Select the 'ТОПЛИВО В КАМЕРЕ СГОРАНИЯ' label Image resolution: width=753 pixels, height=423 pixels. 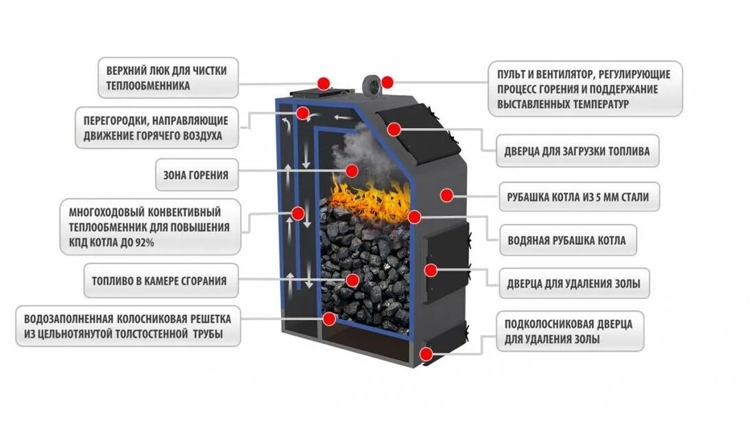coord(158,280)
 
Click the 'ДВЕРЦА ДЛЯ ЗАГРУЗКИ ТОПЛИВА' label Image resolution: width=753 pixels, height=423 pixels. coord(577,151)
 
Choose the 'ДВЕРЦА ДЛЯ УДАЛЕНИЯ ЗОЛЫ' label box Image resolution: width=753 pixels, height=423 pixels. coord(573,283)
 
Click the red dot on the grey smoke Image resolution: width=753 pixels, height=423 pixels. coord(352,170)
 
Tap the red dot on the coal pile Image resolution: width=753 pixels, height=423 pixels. coord(352,280)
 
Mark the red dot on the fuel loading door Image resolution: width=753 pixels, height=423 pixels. coord(394,129)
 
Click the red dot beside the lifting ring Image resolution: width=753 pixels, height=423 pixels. coord(387,82)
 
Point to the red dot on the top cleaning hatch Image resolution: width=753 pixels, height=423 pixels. coord(324,82)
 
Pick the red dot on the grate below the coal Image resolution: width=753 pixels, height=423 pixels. coord(330,318)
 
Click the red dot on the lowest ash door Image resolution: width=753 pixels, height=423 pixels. coord(426,354)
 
